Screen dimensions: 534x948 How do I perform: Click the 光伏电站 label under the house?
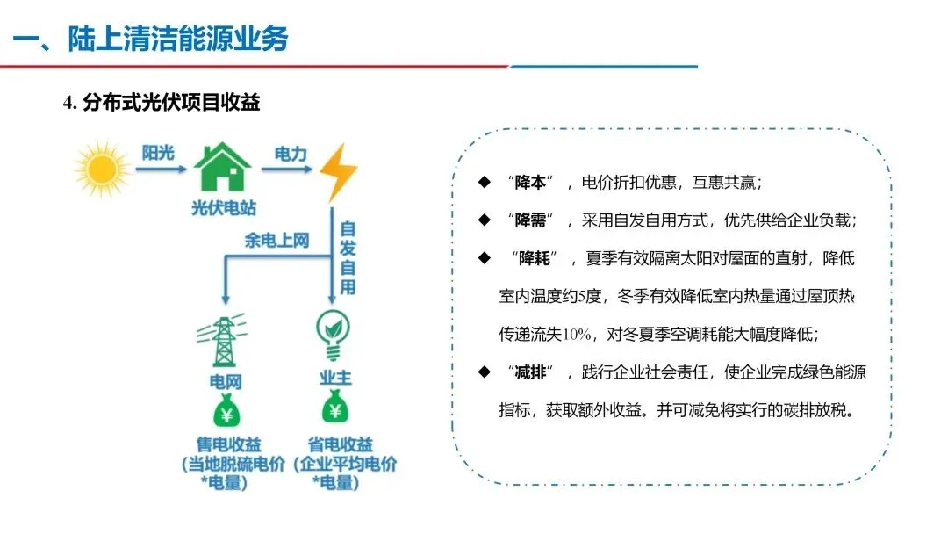pyautogui.click(x=224, y=208)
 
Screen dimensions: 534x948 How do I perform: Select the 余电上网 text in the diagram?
pyautogui.click(x=276, y=240)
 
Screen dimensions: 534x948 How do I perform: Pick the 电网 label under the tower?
pyautogui.click(x=225, y=382)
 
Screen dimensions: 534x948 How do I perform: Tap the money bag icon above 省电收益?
pyautogui.click(x=335, y=408)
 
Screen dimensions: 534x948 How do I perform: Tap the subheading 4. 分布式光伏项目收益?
pyautogui.click(x=162, y=103)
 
